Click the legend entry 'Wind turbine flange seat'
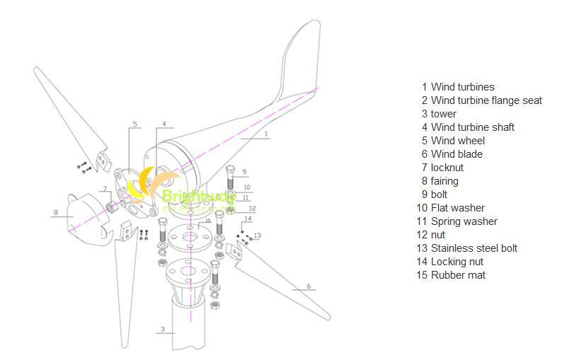coord(486,100)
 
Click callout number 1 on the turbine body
coord(265,132)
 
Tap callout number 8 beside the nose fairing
coord(54,211)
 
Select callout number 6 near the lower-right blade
coord(309,286)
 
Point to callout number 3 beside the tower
coord(163,329)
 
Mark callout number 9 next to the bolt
coord(244,171)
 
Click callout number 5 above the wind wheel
coord(134,124)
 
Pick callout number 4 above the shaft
coord(164,124)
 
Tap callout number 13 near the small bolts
coord(258,236)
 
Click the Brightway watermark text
coord(187,196)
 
